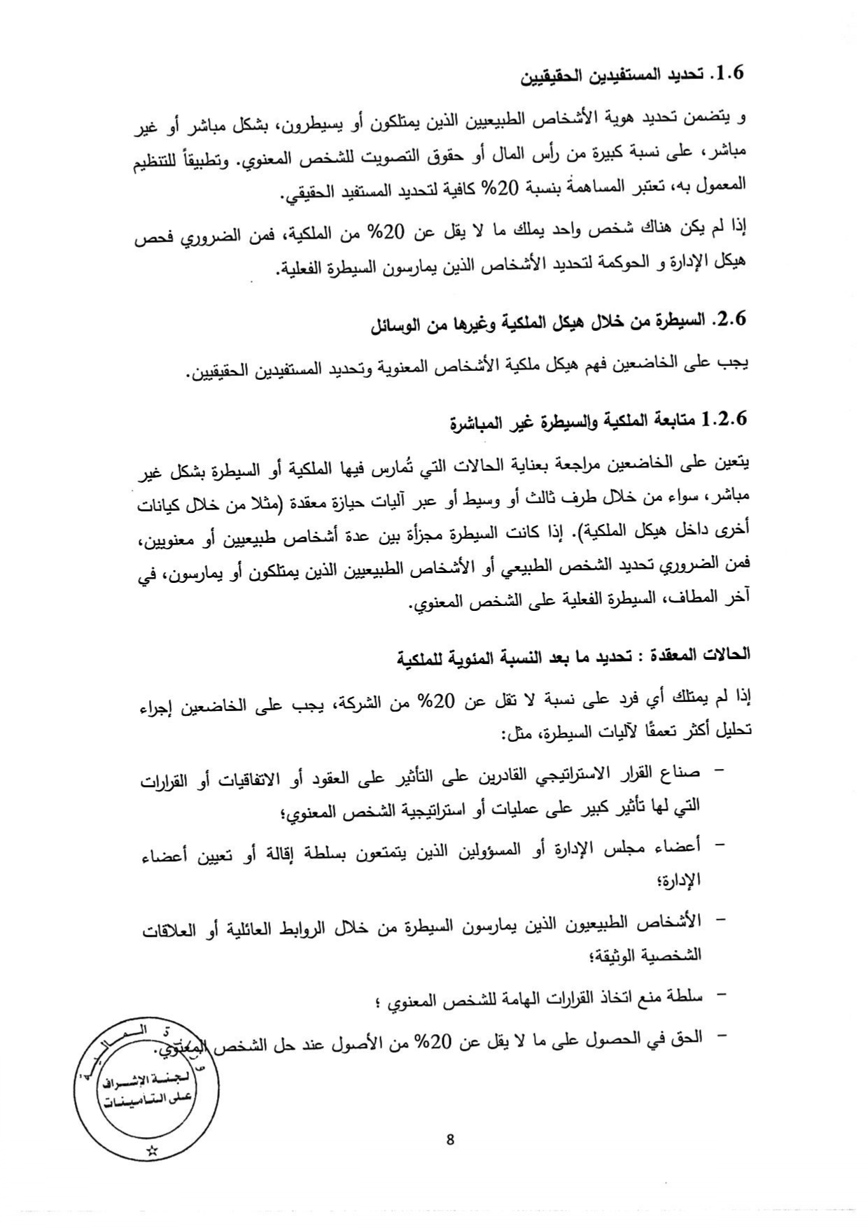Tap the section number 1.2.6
click(x=725, y=420)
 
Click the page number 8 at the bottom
click(x=449, y=1139)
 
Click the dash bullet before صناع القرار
click(x=717, y=772)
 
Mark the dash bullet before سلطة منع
click(x=717, y=994)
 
